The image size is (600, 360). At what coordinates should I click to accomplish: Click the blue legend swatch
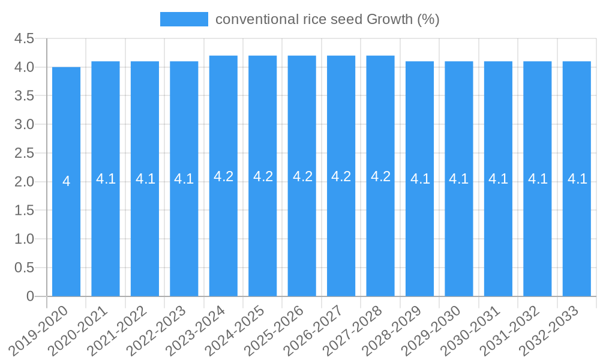coord(184,19)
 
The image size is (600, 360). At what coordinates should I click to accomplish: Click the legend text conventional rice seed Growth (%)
coord(327,19)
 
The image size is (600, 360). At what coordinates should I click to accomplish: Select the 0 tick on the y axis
coord(31,296)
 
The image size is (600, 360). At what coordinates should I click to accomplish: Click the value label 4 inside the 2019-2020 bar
coord(66,181)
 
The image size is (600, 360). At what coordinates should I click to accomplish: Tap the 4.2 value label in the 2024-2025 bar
coord(263,176)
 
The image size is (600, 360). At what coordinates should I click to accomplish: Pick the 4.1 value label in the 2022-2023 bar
coord(184,179)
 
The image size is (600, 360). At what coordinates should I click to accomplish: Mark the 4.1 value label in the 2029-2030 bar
coord(458,179)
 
